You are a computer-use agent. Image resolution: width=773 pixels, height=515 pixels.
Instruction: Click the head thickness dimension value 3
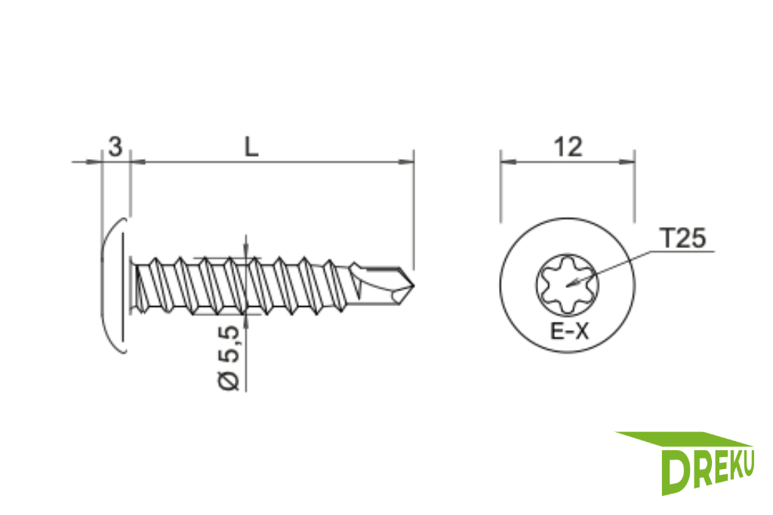(x=115, y=147)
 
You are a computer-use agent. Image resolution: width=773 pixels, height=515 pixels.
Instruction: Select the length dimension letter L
(x=251, y=147)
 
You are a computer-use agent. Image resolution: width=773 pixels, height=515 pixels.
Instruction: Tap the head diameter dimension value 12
(x=568, y=147)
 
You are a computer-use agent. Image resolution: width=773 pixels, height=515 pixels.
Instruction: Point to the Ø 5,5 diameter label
(x=229, y=358)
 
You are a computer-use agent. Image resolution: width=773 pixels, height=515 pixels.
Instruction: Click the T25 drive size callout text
(x=683, y=238)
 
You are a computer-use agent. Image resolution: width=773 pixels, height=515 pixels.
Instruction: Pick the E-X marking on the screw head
(x=569, y=331)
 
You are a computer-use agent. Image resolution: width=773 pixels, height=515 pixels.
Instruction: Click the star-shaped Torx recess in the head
(x=567, y=284)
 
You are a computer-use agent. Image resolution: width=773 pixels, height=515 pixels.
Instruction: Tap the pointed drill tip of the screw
(x=412, y=284)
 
